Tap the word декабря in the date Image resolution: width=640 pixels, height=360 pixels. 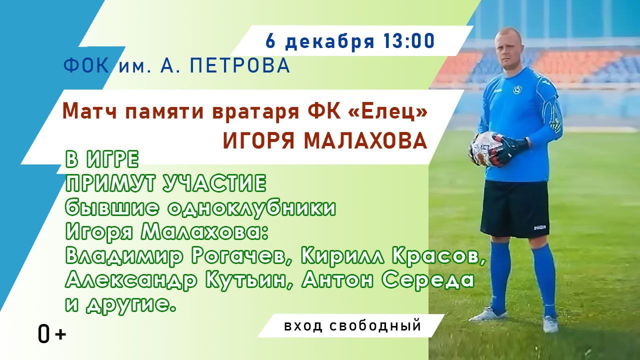[x=329, y=42]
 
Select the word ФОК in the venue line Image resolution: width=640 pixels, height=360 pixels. [x=86, y=65]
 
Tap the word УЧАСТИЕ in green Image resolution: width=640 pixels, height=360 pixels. [x=214, y=183]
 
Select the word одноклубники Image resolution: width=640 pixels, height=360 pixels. [x=251, y=208]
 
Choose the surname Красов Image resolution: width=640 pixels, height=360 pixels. [x=439, y=256]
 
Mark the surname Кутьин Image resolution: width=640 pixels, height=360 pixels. [x=246, y=280]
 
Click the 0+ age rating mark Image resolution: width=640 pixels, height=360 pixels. [x=51, y=333]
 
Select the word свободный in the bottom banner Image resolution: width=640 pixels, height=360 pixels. [x=375, y=326]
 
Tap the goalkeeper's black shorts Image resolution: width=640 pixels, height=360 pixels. [x=515, y=209]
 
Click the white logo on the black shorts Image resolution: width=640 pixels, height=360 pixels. [x=539, y=227]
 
